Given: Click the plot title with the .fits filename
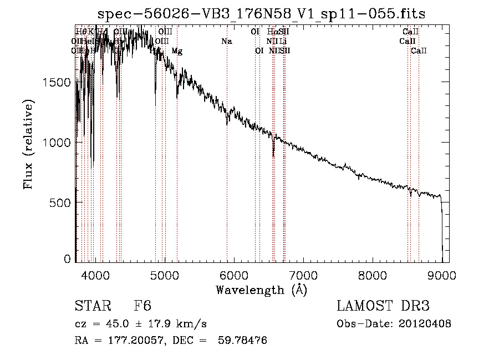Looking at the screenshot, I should [261, 14].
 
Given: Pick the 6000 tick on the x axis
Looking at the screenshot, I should [234, 275].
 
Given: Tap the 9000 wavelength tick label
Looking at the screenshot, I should [442, 275].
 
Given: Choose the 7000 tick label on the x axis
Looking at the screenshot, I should [303, 275].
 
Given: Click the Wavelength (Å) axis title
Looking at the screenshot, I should [261, 290].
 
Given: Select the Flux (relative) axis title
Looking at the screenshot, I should [28, 144].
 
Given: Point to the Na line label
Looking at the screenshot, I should [226, 42].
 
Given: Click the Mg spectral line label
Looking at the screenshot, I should [177, 51].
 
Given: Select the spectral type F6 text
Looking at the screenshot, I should [142, 307].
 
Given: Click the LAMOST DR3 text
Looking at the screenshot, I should [383, 307].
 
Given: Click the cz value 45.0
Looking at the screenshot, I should [119, 324].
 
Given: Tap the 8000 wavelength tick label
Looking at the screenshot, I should [373, 275].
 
